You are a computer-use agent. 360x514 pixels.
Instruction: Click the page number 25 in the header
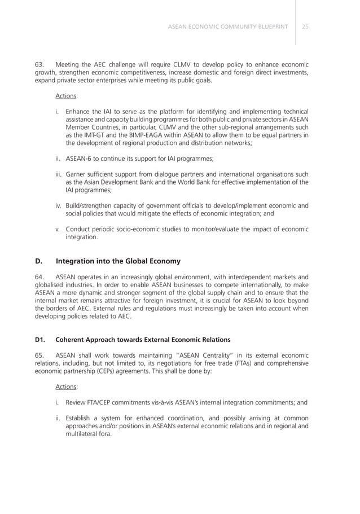305,27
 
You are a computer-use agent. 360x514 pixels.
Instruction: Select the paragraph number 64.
39,277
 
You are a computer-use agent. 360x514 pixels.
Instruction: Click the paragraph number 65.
39,355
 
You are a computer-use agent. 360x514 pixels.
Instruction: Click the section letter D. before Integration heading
39,261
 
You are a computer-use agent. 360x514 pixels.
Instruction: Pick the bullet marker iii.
58,174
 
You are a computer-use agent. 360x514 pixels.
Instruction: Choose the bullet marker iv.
58,205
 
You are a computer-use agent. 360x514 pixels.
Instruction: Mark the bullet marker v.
58,229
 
